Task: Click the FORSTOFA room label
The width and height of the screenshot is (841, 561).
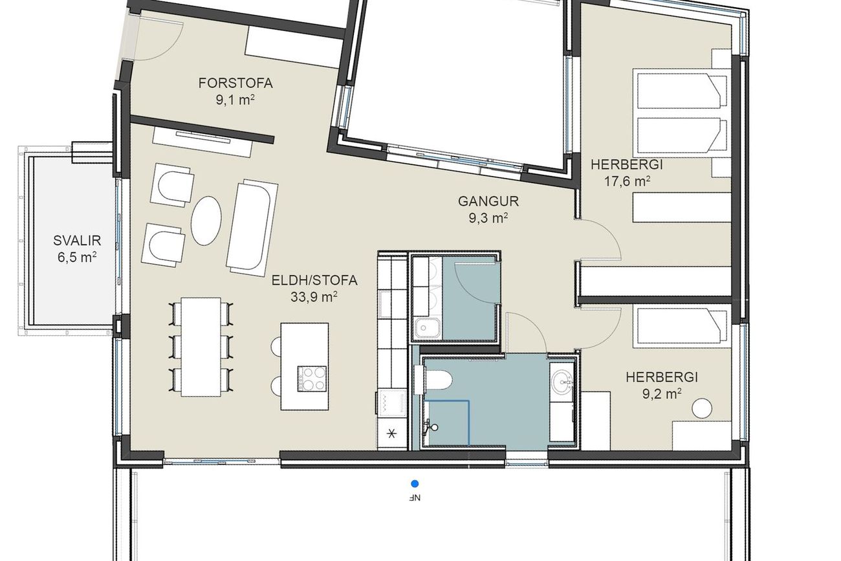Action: pyautogui.click(x=235, y=83)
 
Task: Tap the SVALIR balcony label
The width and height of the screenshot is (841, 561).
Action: pyautogui.click(x=77, y=240)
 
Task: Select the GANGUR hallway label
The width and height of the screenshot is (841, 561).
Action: pyautogui.click(x=488, y=201)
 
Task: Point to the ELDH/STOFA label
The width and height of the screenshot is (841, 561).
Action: pyautogui.click(x=314, y=281)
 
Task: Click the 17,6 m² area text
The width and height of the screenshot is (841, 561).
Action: pyautogui.click(x=627, y=181)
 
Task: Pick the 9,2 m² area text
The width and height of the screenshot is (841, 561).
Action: pyautogui.click(x=662, y=394)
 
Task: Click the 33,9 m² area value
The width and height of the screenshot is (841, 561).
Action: pyautogui.click(x=314, y=297)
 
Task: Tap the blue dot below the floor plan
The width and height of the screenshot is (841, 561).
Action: pyautogui.click(x=415, y=483)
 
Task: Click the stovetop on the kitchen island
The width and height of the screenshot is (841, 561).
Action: pyautogui.click(x=312, y=379)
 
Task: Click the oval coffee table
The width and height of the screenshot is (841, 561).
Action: pyautogui.click(x=206, y=221)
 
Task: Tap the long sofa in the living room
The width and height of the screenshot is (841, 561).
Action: pyautogui.click(x=252, y=228)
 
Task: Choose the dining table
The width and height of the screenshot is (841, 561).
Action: pyautogui.click(x=201, y=347)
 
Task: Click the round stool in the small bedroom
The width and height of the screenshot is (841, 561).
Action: pyautogui.click(x=702, y=408)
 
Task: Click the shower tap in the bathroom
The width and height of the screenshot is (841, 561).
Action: pyautogui.click(x=430, y=427)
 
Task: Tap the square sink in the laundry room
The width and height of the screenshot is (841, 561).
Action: pyautogui.click(x=428, y=328)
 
